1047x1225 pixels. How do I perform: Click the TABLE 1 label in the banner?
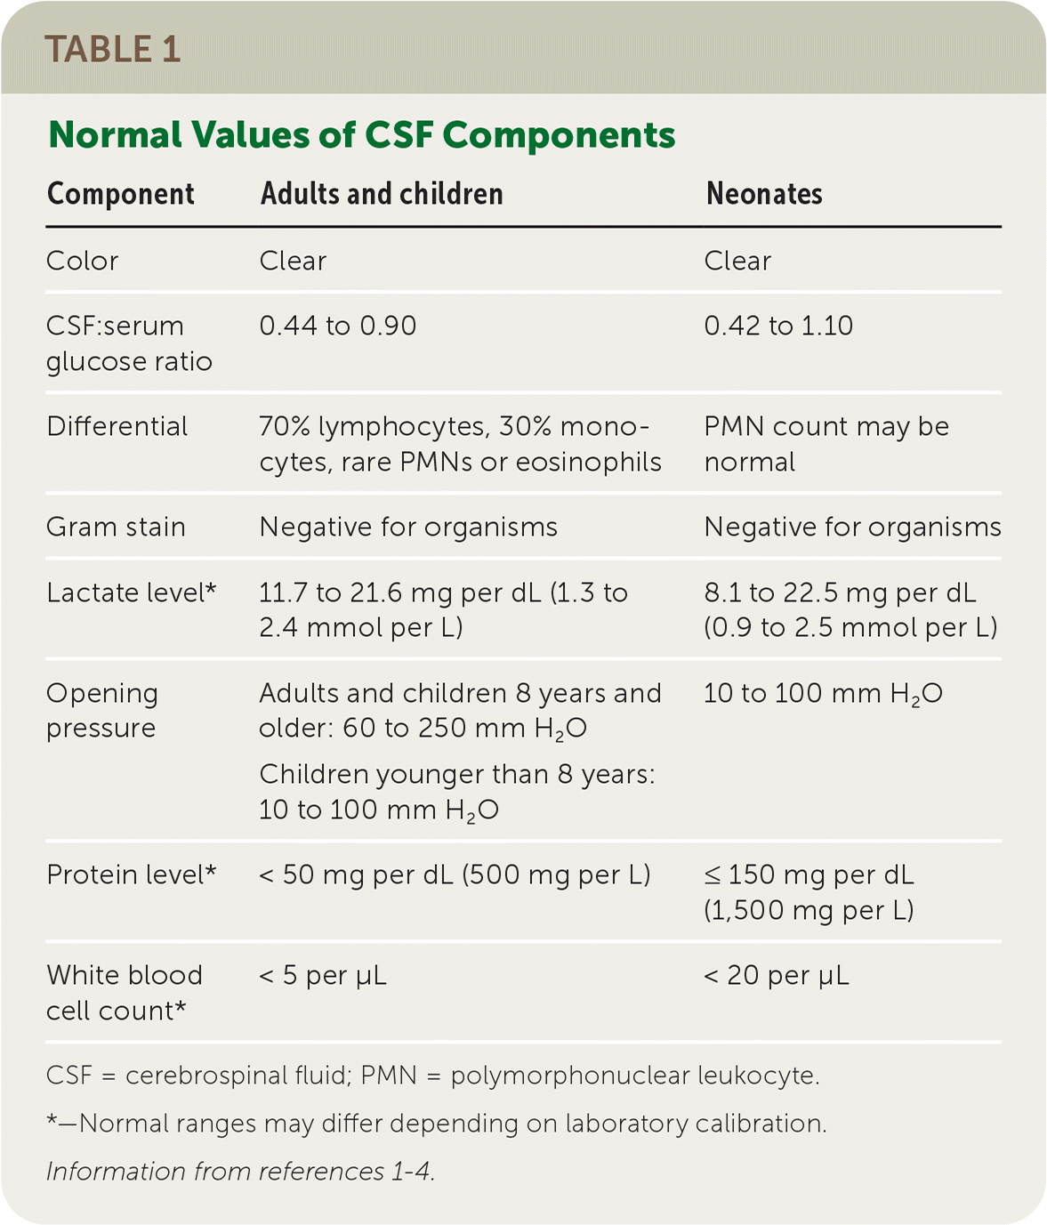112,50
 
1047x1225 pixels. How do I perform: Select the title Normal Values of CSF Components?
361,135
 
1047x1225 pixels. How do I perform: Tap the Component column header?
120,194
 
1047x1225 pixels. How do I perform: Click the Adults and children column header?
382,194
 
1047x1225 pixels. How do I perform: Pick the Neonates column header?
763,194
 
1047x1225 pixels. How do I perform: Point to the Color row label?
82,261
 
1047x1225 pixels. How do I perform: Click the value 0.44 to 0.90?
337,326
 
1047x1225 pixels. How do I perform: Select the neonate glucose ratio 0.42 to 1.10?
777,326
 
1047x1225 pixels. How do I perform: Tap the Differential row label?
117,426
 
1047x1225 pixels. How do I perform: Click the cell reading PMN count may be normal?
826,444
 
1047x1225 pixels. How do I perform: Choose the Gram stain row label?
116,527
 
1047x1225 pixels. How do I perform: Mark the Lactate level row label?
131,592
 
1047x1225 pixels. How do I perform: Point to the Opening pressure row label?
101,710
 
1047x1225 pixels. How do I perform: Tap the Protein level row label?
131,874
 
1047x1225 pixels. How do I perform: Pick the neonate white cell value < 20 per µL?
776,976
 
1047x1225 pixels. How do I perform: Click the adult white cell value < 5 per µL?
322,976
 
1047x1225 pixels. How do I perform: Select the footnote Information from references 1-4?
240,1171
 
